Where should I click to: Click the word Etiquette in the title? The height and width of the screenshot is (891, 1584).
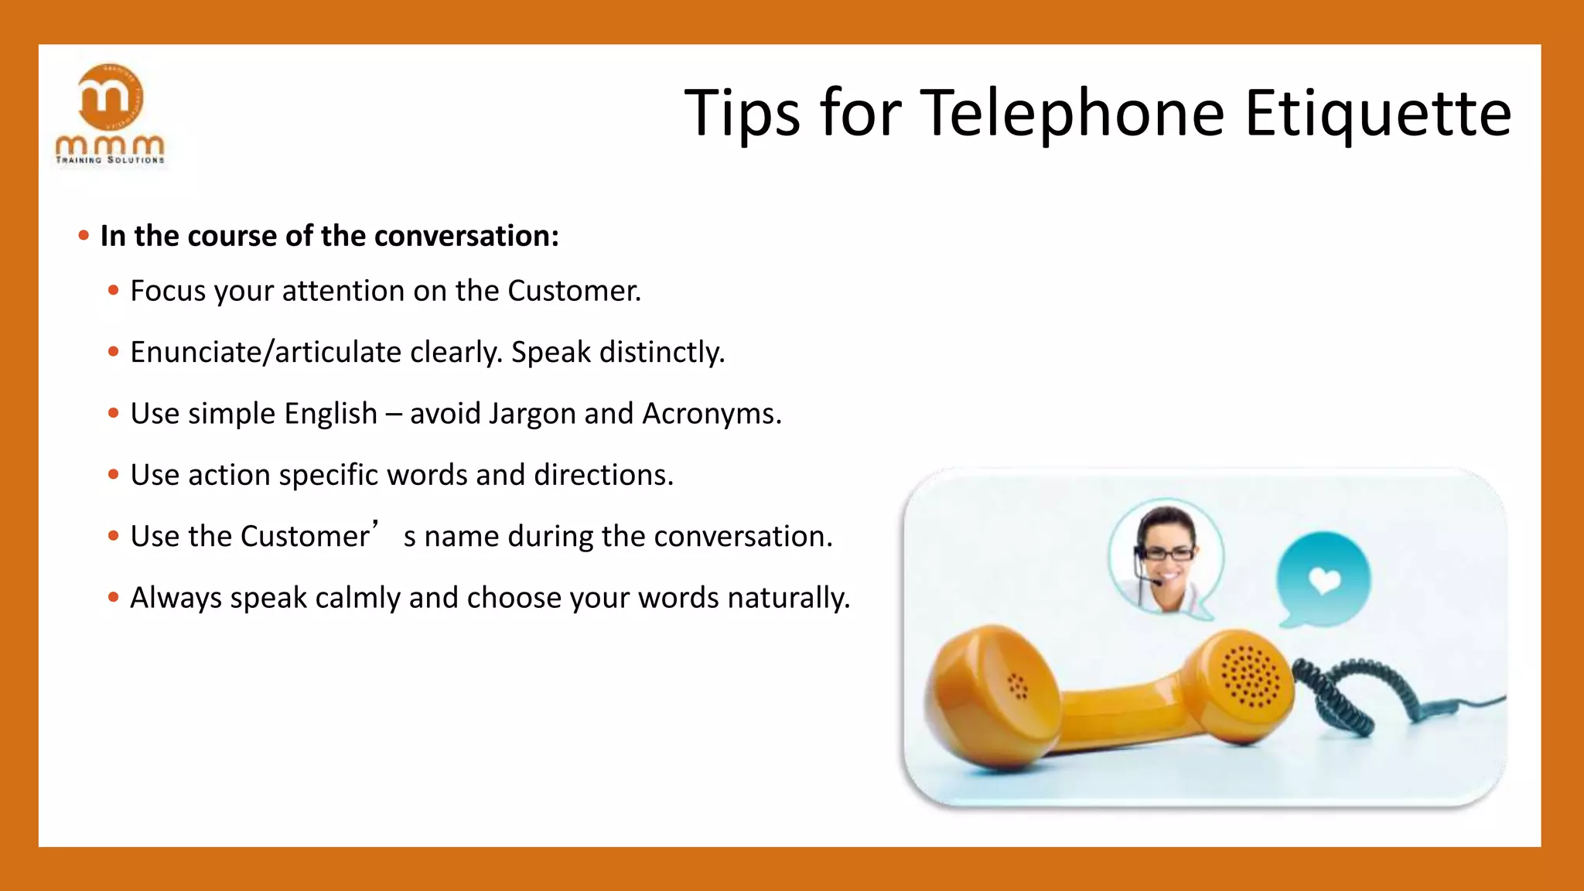point(1377,113)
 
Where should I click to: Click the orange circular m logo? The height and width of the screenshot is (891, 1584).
point(111,97)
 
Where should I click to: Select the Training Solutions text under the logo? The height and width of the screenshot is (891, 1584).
point(110,160)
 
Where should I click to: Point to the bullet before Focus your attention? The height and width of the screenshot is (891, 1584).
point(114,291)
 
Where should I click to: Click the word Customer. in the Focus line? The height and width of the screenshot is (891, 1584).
point(574,291)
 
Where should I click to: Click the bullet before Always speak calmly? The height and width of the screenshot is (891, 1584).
point(114,597)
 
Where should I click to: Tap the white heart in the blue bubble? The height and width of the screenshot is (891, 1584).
point(1324,579)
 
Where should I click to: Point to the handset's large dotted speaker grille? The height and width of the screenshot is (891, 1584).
point(1250,676)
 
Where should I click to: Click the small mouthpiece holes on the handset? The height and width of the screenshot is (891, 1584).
point(1017,686)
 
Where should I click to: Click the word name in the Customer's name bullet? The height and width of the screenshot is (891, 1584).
point(461,537)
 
